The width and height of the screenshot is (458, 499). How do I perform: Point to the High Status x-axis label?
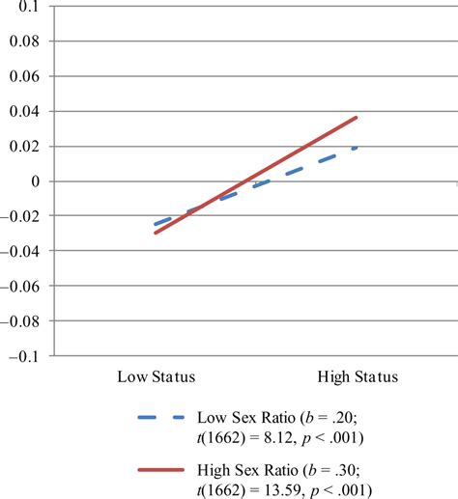click(357, 375)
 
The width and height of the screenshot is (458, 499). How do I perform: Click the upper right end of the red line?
click(358, 118)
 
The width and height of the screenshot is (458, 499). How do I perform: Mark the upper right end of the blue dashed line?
click(358, 148)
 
